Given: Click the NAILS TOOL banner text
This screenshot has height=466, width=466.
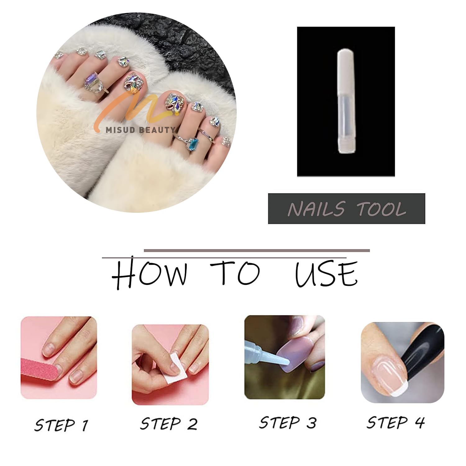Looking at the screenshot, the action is (347, 208).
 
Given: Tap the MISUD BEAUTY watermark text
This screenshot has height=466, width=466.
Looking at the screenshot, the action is (139, 130).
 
